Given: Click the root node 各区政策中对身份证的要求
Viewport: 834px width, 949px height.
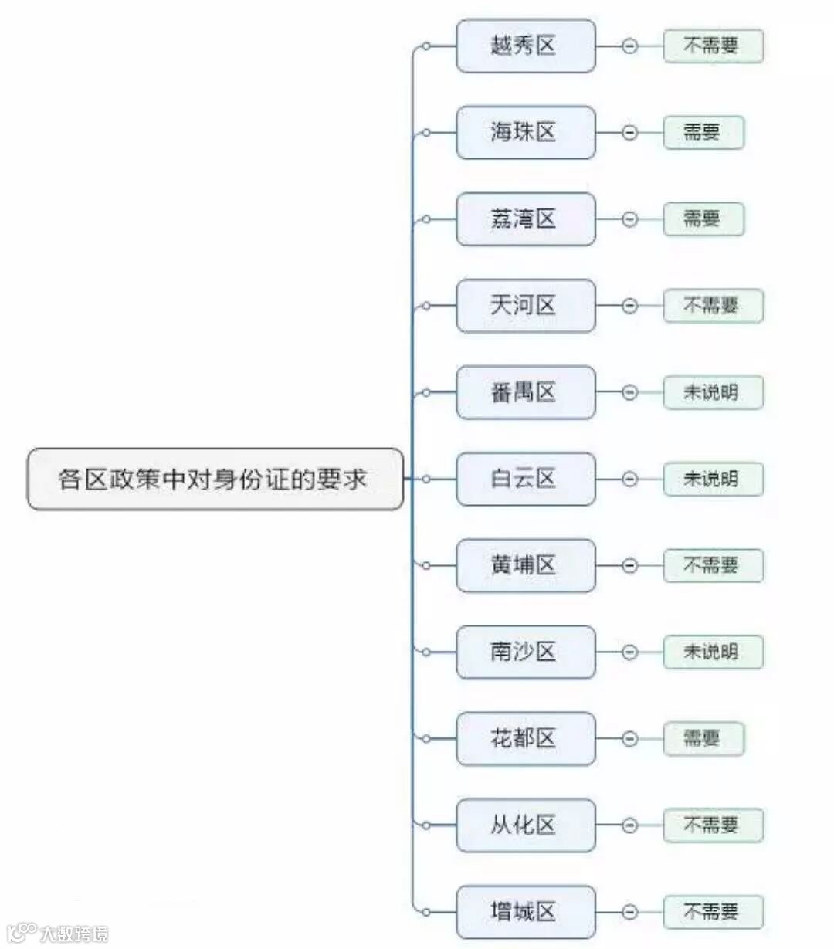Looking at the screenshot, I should click(x=215, y=479).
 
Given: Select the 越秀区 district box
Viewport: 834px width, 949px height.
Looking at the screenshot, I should click(x=525, y=46).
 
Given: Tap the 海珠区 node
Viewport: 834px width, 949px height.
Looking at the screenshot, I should click(x=525, y=133).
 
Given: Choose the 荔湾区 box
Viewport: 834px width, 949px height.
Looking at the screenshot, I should click(x=525, y=219).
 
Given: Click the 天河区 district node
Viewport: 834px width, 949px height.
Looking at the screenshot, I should click(x=525, y=306).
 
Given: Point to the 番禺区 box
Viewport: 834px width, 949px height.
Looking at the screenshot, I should click(x=525, y=392).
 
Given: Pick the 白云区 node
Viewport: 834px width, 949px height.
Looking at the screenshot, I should click(x=525, y=479).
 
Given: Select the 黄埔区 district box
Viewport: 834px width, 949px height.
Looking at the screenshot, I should click(x=525, y=565).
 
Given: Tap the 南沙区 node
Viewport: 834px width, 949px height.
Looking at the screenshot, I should click(x=525, y=652).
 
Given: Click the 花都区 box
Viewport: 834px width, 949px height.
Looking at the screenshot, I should click(x=525, y=738).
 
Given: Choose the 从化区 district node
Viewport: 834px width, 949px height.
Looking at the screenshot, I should click(x=525, y=825).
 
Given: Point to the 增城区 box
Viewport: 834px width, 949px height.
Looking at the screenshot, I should click(x=525, y=912).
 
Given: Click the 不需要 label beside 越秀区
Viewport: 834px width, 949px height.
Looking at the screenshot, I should click(x=713, y=46).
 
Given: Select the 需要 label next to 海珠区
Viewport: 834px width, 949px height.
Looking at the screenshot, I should click(x=703, y=133).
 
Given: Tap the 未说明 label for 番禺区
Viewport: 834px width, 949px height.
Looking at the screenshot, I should click(x=713, y=392).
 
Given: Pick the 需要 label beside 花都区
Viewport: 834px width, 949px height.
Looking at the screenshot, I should click(x=703, y=738).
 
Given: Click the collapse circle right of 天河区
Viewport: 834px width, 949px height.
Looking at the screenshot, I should click(x=629, y=306).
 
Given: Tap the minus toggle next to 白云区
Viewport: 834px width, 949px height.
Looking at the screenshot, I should click(x=629, y=479).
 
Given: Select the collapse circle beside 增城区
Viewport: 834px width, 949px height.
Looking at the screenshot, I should click(x=629, y=912).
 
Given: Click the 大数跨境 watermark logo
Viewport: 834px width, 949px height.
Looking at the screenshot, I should click(x=58, y=933).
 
